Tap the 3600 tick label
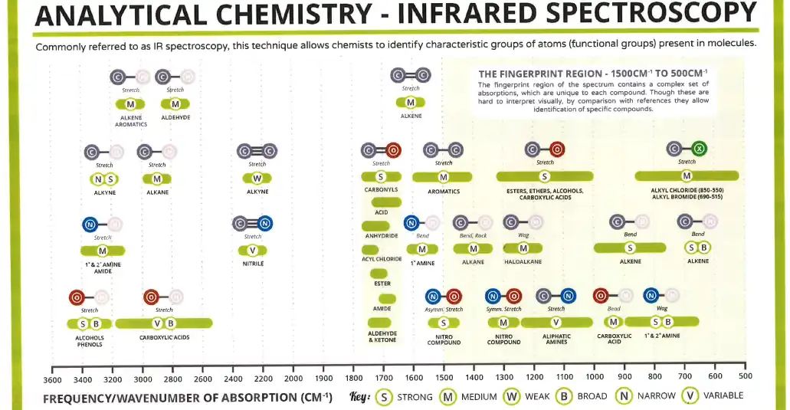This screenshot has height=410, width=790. [x=52, y=379]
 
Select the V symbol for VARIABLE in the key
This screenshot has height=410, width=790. [x=690, y=397]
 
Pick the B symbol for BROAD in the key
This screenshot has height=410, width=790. [x=563, y=397]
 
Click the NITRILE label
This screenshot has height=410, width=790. [x=253, y=264]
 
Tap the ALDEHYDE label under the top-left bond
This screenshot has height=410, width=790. [x=175, y=117]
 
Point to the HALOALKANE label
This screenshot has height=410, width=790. [x=523, y=262]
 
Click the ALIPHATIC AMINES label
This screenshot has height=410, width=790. [x=556, y=339]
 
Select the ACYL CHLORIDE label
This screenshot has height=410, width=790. [x=382, y=259]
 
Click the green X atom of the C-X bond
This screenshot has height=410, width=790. [x=699, y=149]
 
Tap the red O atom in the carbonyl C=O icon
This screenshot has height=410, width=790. [x=393, y=150]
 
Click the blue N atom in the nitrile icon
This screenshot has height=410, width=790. [x=265, y=224]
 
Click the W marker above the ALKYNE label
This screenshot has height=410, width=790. [x=257, y=179]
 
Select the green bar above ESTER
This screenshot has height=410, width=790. [x=381, y=273]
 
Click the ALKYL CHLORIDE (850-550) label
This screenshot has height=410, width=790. [x=687, y=190]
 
